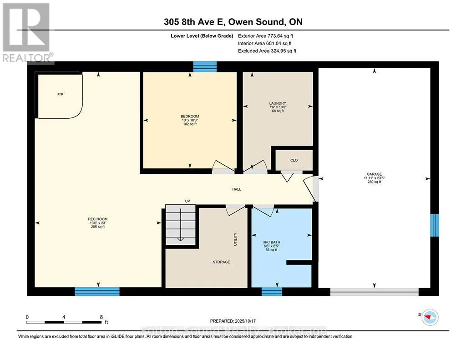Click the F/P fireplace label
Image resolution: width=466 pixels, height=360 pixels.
60,95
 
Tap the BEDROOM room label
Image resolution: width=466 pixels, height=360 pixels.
190,116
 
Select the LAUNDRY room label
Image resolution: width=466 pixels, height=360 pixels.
278,103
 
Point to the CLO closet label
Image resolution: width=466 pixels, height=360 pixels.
294,160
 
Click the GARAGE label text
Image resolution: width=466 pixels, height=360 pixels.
374,174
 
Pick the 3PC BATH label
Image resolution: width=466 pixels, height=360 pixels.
272,242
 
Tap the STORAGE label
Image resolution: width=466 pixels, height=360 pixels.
222,262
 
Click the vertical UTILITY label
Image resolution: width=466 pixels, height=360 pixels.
235,239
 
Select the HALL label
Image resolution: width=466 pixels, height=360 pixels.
237,189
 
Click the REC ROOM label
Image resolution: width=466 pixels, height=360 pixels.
98,219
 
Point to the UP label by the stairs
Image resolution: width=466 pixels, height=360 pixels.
187,201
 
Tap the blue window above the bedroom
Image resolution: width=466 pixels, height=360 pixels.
205,66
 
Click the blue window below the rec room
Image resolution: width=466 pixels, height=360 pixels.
97,292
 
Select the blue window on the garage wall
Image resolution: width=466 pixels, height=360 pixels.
435,225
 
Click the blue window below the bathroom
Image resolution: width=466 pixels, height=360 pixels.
272,292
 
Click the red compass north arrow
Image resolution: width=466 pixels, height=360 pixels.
428,318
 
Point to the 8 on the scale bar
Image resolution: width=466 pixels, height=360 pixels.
101,317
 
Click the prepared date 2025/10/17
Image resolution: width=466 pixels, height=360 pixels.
245,321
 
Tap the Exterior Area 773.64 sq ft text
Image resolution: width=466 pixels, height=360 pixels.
265,36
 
